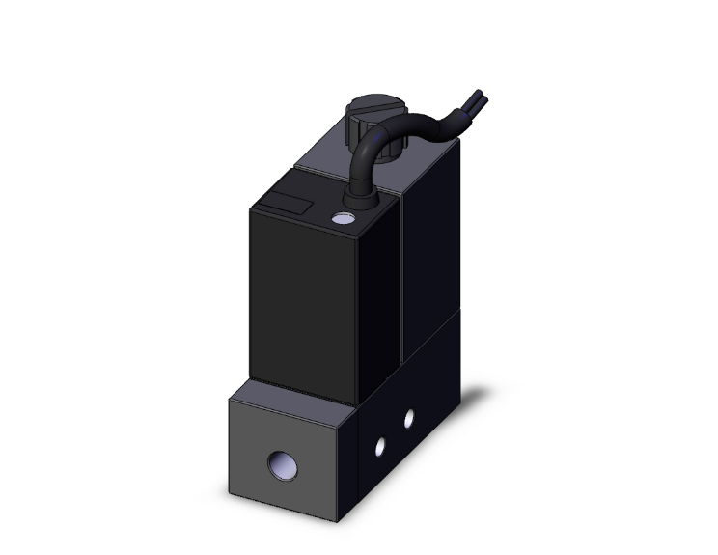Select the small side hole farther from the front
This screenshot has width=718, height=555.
[x=409, y=418]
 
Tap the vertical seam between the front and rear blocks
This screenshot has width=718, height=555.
[x=400, y=290]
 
